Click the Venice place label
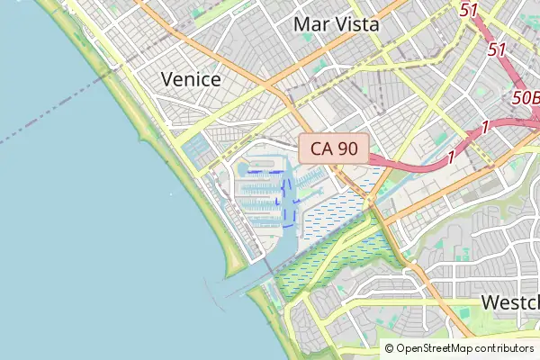(191, 79)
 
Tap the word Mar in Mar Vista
(310, 24)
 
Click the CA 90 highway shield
(334, 149)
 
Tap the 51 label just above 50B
(496, 50)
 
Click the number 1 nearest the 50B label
(484, 128)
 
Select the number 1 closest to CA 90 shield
(449, 157)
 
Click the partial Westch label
(509, 302)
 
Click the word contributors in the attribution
(507, 348)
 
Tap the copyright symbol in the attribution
(389, 348)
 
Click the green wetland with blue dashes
(333, 261)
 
